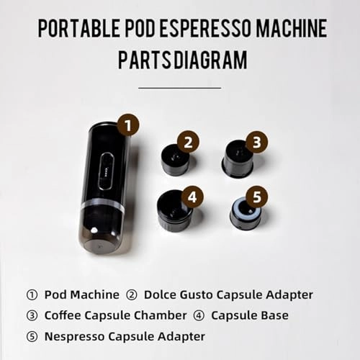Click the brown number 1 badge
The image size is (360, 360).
[x=127, y=125]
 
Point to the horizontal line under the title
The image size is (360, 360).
[x=179, y=87]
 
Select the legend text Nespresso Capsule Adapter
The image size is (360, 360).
[x=125, y=336]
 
